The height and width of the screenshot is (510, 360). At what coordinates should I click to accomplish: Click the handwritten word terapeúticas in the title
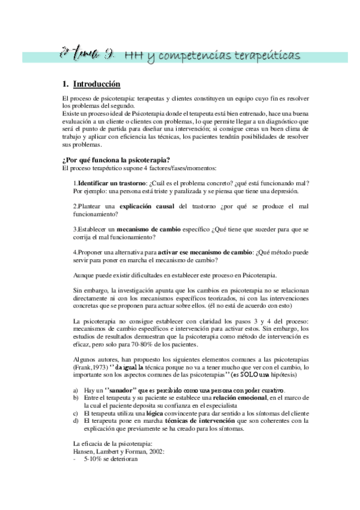point(266,56)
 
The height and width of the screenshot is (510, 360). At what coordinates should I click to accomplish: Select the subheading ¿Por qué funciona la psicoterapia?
point(111,159)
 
